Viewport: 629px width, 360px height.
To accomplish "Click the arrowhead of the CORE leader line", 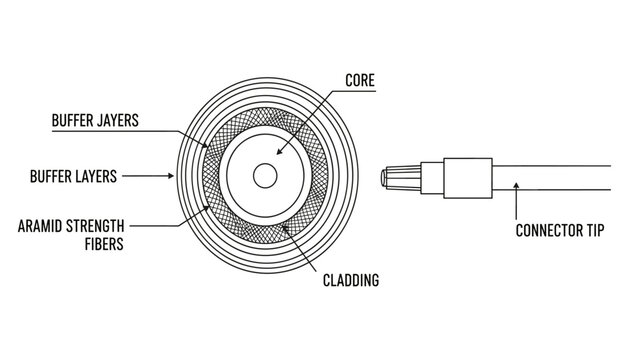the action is (277, 153).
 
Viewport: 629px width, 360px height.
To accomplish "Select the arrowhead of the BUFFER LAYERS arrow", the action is (174, 177).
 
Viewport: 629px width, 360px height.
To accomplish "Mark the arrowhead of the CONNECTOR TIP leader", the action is (515, 182).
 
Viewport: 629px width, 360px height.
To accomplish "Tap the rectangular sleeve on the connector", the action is (467, 178).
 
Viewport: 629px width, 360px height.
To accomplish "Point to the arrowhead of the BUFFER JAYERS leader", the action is (207, 148).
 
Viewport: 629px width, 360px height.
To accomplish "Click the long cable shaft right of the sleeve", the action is (560, 178).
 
